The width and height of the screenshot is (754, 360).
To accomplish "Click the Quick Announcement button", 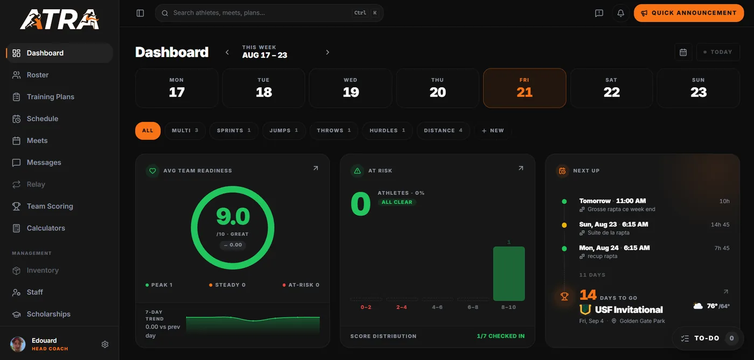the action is coord(689,13).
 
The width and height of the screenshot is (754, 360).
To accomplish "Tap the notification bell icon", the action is coord(620,13).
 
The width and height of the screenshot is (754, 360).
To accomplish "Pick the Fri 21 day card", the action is coord(525,88).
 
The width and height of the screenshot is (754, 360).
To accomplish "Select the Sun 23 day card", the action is coord(698,88).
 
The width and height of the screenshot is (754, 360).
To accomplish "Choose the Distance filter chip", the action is coord(443,130).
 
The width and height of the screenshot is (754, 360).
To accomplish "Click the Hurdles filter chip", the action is coord(387,130).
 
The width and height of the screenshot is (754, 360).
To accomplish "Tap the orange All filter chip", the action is coord(148,130).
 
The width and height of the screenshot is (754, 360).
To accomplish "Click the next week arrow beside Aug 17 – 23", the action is coord(327,52).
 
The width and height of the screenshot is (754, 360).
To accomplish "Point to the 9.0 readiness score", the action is coord(233,217).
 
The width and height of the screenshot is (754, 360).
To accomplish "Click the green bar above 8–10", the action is coord(508,273).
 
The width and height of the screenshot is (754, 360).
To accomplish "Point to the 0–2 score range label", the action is coord(366,307).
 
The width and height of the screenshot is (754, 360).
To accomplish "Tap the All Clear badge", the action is coord(397,202).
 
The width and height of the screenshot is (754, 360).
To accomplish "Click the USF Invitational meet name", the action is coord(629,310).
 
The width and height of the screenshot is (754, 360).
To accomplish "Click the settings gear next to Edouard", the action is coord(105,344).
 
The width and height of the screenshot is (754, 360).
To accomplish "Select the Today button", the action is coord(718,52).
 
